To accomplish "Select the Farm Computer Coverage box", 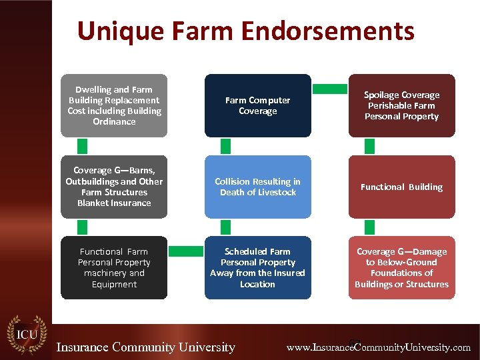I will click(257, 105).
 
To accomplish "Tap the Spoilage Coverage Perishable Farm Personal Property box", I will click(401, 105).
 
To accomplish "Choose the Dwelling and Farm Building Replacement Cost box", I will click(114, 105).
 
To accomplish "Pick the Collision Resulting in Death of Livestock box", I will click(257, 187).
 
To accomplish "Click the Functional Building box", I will click(401, 187).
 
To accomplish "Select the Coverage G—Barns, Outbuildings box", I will click(114, 187).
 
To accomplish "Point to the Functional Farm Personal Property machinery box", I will click(114, 267).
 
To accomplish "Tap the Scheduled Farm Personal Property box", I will click(257, 267).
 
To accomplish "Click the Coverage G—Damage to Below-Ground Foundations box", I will click(401, 267).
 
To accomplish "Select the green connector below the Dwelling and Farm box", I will click(82, 146).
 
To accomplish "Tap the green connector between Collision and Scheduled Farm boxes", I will click(226, 227).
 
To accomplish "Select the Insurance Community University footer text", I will click(146, 347).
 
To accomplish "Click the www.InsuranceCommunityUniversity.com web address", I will click(378, 347).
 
